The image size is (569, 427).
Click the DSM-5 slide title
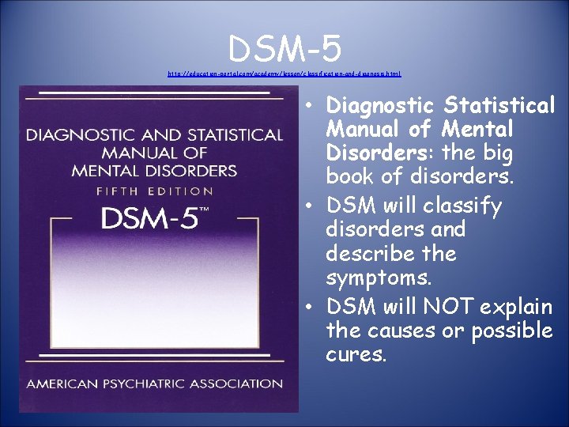(x=284, y=49)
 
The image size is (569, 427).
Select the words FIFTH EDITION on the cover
(x=155, y=191)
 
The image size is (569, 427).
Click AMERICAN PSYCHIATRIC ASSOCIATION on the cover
(x=155, y=384)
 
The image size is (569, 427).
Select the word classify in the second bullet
(x=462, y=206)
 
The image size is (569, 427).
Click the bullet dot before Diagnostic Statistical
(x=314, y=106)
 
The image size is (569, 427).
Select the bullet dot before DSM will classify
(x=314, y=207)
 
